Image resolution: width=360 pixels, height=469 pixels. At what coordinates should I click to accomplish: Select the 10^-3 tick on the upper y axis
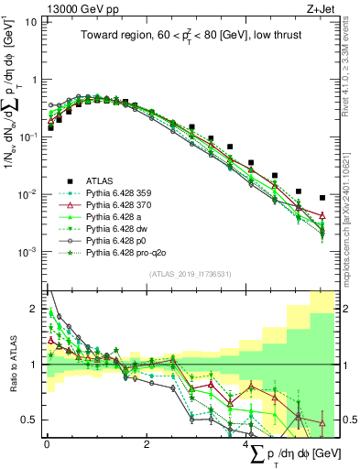[31, 252]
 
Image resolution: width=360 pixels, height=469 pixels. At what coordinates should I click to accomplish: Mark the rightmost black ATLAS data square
[322, 198]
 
